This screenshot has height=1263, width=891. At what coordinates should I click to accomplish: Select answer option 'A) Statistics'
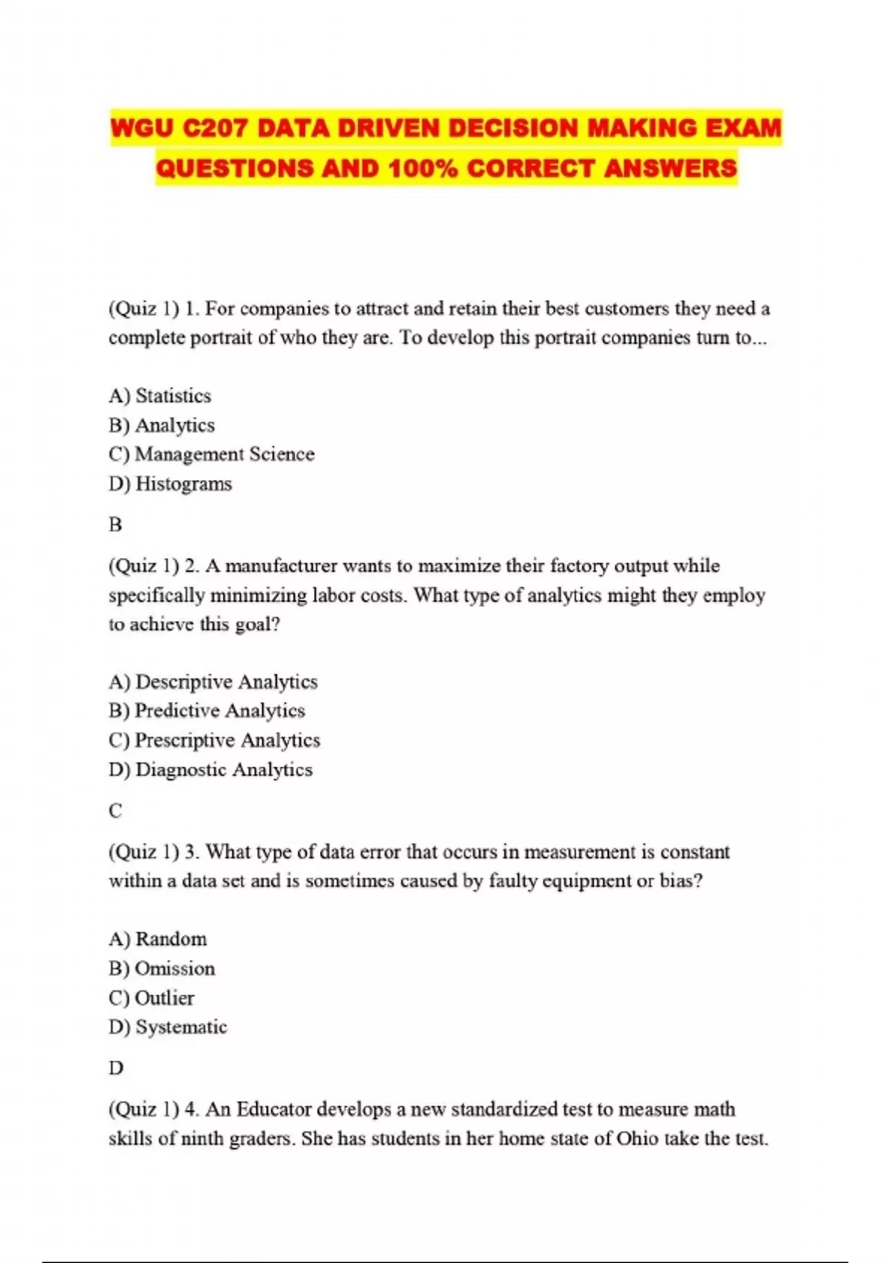tap(160, 396)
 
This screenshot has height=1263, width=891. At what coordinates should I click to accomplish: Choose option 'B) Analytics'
tap(161, 425)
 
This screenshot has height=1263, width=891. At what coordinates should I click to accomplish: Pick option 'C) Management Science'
tap(211, 454)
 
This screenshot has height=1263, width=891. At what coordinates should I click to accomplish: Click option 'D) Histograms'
tap(170, 484)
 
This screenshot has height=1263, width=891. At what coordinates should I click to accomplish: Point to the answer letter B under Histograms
tap(115, 525)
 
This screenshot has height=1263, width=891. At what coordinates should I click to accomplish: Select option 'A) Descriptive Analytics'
tap(213, 682)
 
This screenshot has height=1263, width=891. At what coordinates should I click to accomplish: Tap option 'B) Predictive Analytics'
tap(206, 711)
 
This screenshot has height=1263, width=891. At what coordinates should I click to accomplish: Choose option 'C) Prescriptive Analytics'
tap(214, 741)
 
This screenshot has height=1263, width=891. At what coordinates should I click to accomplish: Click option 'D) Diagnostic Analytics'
tap(210, 770)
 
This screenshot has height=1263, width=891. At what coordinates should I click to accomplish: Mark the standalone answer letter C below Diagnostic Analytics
tap(115, 811)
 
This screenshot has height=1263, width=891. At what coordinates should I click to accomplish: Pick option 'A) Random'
tap(157, 939)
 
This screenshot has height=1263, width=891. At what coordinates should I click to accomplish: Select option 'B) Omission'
tap(161, 969)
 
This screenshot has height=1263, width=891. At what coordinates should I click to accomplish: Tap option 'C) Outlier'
tap(151, 998)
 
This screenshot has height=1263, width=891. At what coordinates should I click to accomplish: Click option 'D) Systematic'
tap(168, 1027)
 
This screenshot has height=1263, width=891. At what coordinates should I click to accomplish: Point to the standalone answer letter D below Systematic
tap(116, 1068)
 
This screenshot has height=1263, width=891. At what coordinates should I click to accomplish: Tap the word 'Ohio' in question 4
tap(637, 1139)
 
